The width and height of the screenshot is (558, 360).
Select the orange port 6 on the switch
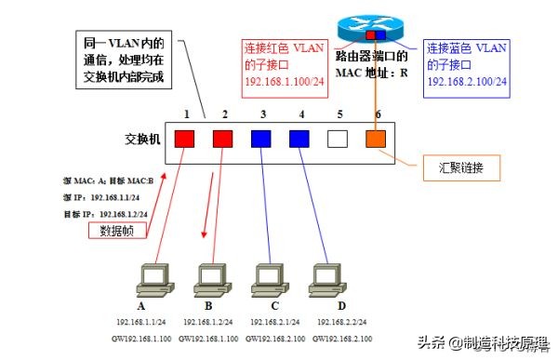point(374,140)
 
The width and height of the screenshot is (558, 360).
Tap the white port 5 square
point(338,140)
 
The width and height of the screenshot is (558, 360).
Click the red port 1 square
point(185,140)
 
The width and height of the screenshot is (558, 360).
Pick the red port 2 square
point(223,140)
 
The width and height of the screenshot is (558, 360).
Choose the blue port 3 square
point(261,140)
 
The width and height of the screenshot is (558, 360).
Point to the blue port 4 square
point(299,140)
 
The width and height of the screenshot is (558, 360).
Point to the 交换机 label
point(142,140)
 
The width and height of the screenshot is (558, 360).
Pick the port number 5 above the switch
point(339,114)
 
